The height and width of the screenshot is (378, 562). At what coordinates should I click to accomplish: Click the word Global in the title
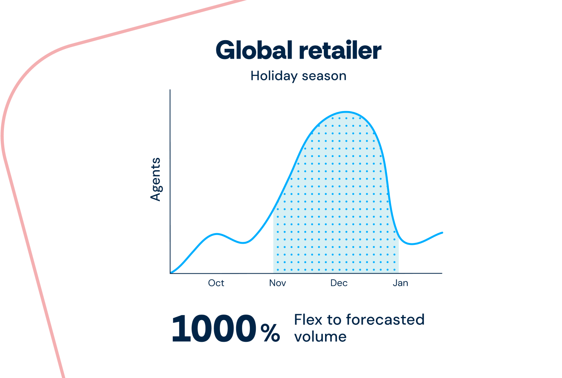[254, 50]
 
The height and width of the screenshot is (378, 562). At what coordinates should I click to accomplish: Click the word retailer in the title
[340, 50]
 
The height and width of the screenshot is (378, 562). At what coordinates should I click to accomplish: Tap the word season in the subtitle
[324, 76]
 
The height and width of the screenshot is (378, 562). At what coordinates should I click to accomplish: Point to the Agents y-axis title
[156, 180]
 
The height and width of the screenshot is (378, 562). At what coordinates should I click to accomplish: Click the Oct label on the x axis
[216, 283]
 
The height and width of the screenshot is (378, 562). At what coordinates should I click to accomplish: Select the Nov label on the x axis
[277, 283]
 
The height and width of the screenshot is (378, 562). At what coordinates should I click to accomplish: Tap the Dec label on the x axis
[339, 283]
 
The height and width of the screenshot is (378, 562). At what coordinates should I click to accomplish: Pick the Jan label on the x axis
[400, 283]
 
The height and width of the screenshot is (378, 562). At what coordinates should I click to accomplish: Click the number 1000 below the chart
[214, 328]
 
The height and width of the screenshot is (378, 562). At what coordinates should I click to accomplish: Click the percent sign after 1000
[270, 333]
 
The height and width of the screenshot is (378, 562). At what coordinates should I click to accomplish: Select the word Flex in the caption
[308, 320]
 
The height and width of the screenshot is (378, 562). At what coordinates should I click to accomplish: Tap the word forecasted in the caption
[385, 320]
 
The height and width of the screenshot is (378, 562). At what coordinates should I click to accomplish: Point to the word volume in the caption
[320, 337]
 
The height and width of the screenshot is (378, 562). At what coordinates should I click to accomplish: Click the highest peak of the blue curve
[346, 112]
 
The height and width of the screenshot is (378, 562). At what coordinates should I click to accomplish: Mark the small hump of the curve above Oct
[217, 234]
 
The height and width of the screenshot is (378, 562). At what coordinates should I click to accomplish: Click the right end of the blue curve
[442, 233]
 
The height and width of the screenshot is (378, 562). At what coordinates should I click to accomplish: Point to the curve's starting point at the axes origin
[171, 273]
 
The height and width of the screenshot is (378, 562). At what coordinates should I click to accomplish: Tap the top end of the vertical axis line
[170, 90]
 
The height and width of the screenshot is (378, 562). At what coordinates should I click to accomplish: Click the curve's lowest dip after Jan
[412, 244]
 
